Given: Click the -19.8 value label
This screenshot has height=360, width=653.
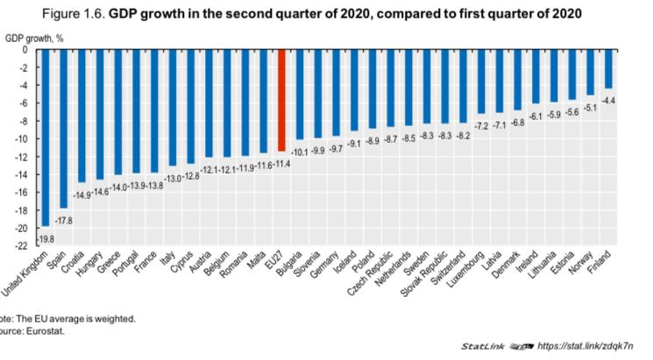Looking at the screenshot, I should [46, 238].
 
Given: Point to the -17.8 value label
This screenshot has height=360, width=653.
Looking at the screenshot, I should [64, 220].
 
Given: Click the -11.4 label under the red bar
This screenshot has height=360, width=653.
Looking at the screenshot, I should [282, 164].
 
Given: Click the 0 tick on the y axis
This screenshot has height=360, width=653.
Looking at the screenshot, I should [25, 50].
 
